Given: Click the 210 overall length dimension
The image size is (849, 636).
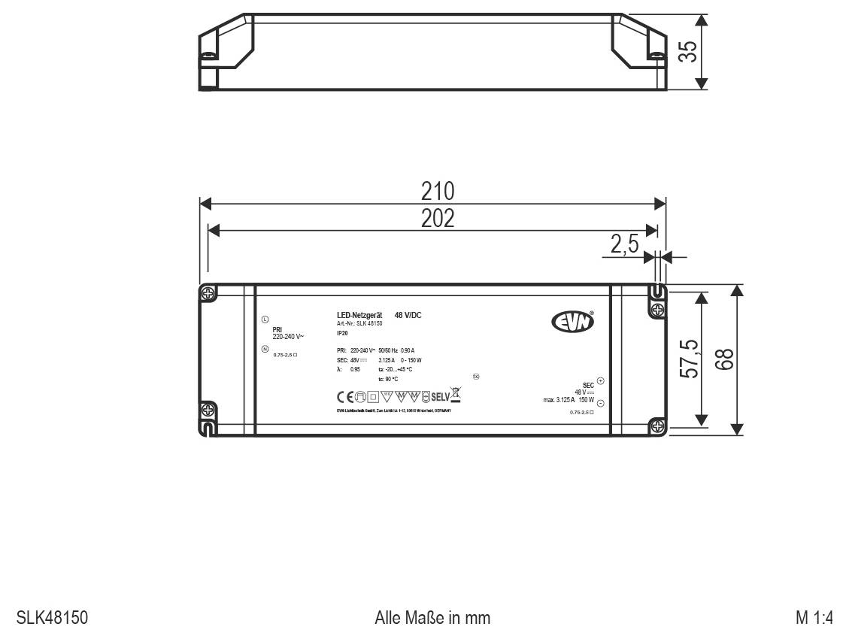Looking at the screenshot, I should (x=437, y=191).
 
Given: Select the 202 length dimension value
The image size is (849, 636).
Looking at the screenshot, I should (x=437, y=218).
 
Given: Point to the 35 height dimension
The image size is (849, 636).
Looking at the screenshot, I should (x=687, y=51).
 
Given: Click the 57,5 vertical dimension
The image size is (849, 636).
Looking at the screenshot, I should (x=690, y=359).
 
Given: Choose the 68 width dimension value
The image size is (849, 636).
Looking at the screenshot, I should (x=724, y=359).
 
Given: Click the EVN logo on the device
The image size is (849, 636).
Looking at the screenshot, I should (x=574, y=323).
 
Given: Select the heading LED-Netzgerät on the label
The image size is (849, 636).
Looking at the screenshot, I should (x=360, y=315).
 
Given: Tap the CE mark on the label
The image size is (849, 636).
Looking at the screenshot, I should (x=345, y=395).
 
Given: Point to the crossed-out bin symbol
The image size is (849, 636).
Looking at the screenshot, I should (x=455, y=393).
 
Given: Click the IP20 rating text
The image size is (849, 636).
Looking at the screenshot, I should (x=342, y=332).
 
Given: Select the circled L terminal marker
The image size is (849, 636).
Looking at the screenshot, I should (x=265, y=319).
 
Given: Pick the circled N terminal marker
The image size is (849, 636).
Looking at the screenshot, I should (x=265, y=349).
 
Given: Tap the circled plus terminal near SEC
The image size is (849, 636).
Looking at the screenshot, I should (x=600, y=380).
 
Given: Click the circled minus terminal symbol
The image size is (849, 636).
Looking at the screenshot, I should (x=600, y=404).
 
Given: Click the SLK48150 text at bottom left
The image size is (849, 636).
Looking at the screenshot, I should (x=52, y=618).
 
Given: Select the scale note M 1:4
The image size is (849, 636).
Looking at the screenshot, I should (x=814, y=618).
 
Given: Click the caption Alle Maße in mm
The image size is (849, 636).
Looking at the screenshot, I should (x=432, y=618).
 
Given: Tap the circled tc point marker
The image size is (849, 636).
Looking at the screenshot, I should (x=476, y=376).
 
